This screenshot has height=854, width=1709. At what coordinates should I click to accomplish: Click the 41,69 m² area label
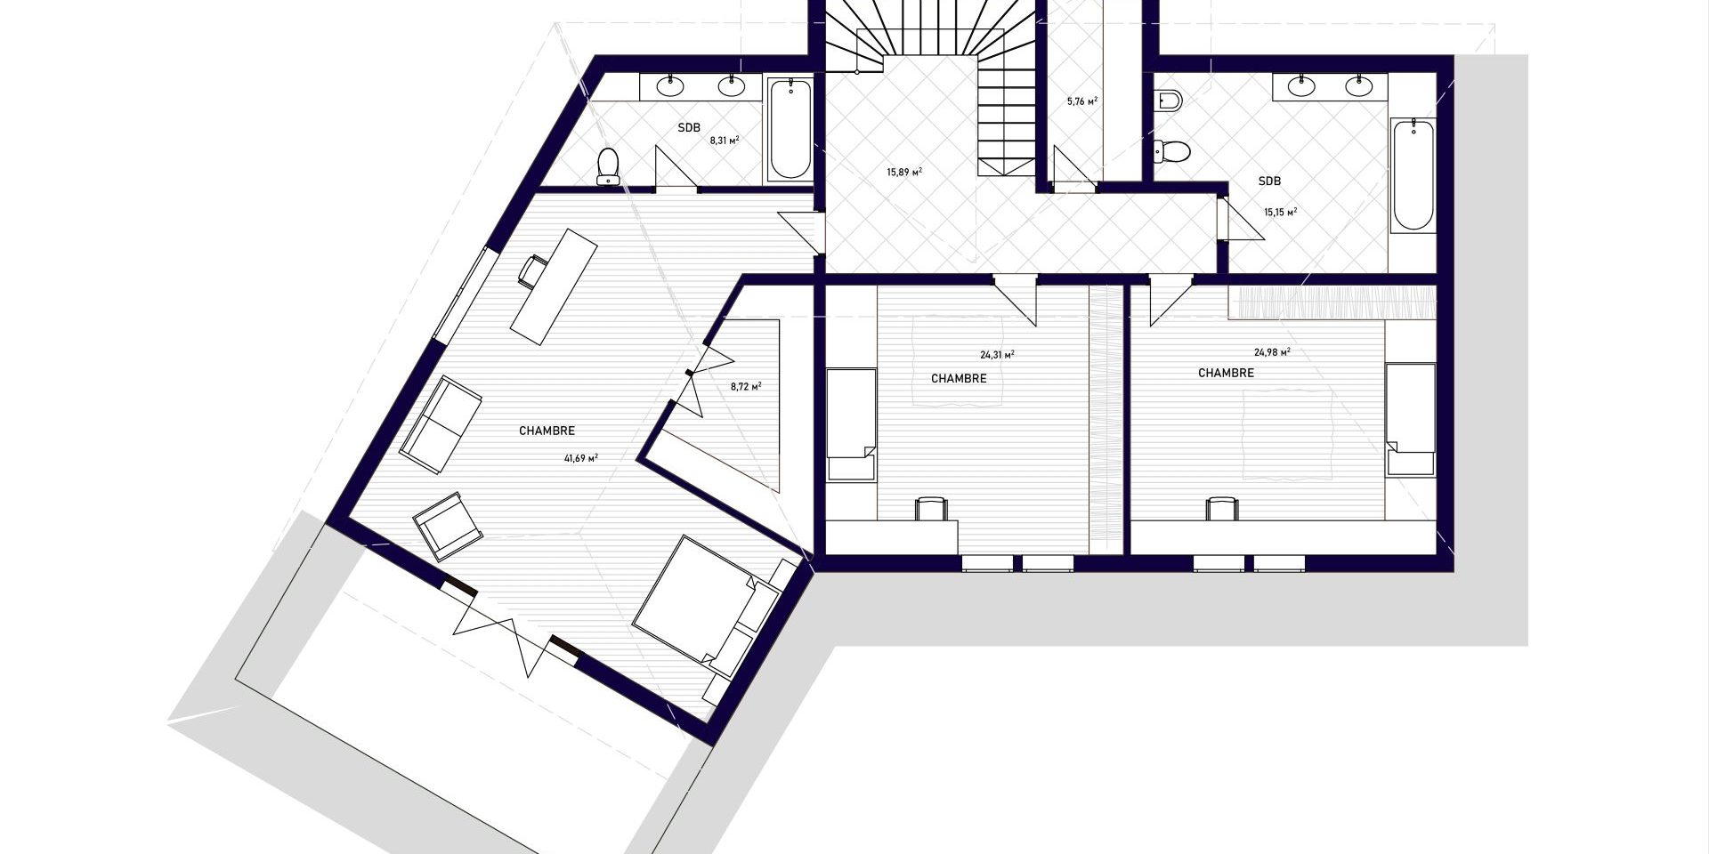point(580,458)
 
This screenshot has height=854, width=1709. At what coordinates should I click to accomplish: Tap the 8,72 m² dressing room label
point(746,386)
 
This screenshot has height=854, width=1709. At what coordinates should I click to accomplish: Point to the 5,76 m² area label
point(1082,101)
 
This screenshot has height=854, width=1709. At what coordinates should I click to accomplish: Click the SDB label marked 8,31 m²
point(689,128)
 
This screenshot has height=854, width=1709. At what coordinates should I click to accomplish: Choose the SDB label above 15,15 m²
point(1269,181)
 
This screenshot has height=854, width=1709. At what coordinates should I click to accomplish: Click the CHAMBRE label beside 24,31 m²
point(959,378)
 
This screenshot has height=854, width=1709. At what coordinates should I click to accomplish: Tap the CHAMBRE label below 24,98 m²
point(1226,373)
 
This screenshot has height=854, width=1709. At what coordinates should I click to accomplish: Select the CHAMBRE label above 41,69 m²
point(547,431)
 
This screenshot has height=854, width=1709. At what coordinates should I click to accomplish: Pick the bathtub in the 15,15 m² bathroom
point(1413,174)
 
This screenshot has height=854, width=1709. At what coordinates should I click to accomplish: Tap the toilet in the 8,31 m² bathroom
point(609,166)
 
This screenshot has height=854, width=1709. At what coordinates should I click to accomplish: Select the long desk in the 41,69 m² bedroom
point(553,286)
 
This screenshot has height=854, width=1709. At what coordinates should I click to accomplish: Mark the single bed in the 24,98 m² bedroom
point(1410,419)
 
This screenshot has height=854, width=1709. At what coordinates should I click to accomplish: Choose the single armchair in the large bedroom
point(448,526)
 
